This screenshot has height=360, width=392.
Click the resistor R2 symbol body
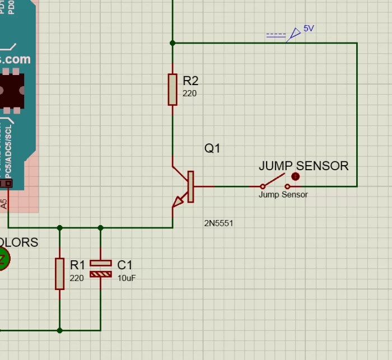172,89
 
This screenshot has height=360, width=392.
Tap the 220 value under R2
189,93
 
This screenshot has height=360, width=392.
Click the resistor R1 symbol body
60,273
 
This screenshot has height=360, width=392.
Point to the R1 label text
77,265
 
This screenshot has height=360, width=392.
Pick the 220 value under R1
77,278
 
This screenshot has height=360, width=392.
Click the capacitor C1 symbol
101,269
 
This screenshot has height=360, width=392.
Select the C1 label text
125,265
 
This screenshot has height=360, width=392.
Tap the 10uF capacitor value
127,278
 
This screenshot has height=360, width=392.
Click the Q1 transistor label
212,148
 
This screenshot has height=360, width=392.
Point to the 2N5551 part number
218,223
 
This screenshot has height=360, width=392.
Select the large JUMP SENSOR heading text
304,166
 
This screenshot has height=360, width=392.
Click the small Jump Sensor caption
283,195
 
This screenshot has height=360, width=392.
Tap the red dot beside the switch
296,177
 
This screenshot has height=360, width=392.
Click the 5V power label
309,28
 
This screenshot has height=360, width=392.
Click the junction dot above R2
172,43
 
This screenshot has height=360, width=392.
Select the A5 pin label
4,204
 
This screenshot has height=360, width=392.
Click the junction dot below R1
60,330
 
